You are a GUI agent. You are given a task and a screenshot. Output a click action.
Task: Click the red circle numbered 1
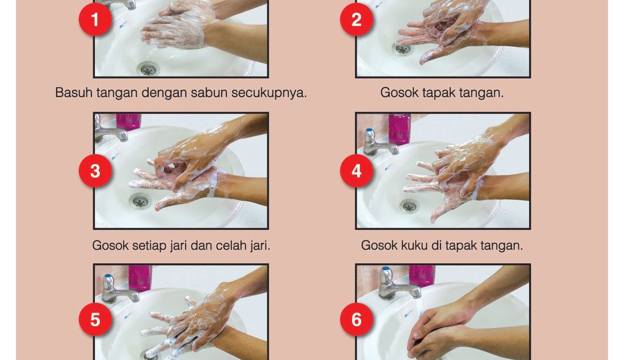(x=95, y=19)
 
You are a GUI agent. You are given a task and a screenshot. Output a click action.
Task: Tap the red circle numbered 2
(x=357, y=19)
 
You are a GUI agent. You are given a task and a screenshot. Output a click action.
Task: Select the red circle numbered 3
(x=95, y=171)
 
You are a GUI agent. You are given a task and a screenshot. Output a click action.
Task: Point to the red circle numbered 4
(x=357, y=171)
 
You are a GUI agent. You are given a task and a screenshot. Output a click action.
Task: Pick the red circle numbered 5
(x=95, y=319)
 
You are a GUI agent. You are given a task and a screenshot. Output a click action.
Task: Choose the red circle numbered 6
(x=357, y=319)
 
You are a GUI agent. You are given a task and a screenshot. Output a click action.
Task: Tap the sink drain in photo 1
(x=148, y=69)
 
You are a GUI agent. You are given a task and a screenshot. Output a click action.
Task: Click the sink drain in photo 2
(x=403, y=49)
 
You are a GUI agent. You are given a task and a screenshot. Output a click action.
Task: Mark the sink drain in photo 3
(x=139, y=201)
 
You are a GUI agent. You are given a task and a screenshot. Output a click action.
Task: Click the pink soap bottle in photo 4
(x=399, y=128)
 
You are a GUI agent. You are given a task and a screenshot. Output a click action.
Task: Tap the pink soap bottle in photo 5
(x=140, y=278)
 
